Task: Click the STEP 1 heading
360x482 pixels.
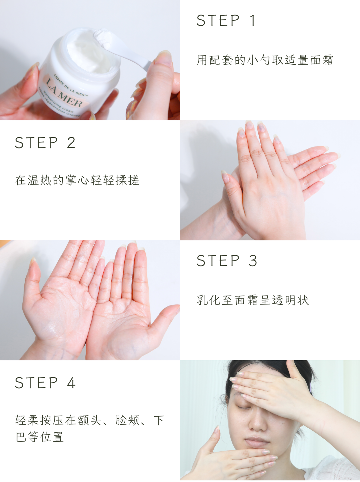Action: pyautogui.click(x=226, y=20)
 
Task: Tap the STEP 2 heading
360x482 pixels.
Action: pyautogui.click(x=45, y=142)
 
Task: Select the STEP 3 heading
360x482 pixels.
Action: pyautogui.click(x=227, y=261)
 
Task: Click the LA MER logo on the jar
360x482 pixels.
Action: pyautogui.click(x=64, y=93)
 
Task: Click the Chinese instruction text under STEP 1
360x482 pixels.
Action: pyautogui.click(x=265, y=60)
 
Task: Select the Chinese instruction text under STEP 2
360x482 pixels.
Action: pyautogui.click(x=77, y=180)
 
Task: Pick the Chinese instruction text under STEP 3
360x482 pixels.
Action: pyautogui.click(x=253, y=300)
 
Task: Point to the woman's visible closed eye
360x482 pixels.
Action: pyautogui.click(x=244, y=408)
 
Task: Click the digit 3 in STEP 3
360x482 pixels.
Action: pyautogui.click(x=253, y=261)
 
